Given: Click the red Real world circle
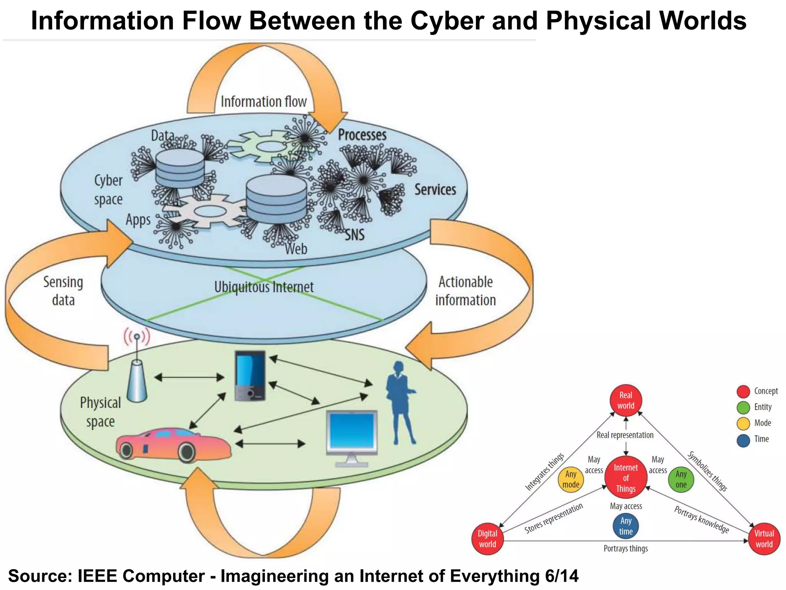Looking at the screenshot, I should coord(626,400).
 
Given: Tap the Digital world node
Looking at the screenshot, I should coord(487,539).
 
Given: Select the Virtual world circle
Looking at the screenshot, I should coord(764,539).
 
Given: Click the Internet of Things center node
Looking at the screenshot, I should coord(626,478).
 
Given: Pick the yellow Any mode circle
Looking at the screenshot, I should coord(571,479).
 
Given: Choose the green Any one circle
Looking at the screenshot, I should coord(681,479).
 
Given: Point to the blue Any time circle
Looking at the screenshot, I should coord(626,526).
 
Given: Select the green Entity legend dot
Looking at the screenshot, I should coord(743,408).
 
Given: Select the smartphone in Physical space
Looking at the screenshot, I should coord(250,376).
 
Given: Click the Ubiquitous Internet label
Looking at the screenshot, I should coord(264,287).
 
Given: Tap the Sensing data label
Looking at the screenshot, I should coord(63,291).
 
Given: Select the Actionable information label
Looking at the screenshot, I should coord(466,291).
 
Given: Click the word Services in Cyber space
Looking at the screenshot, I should coord(435,189).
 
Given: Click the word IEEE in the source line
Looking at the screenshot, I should coord(98,576).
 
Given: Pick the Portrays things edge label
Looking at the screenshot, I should coord(626,549).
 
